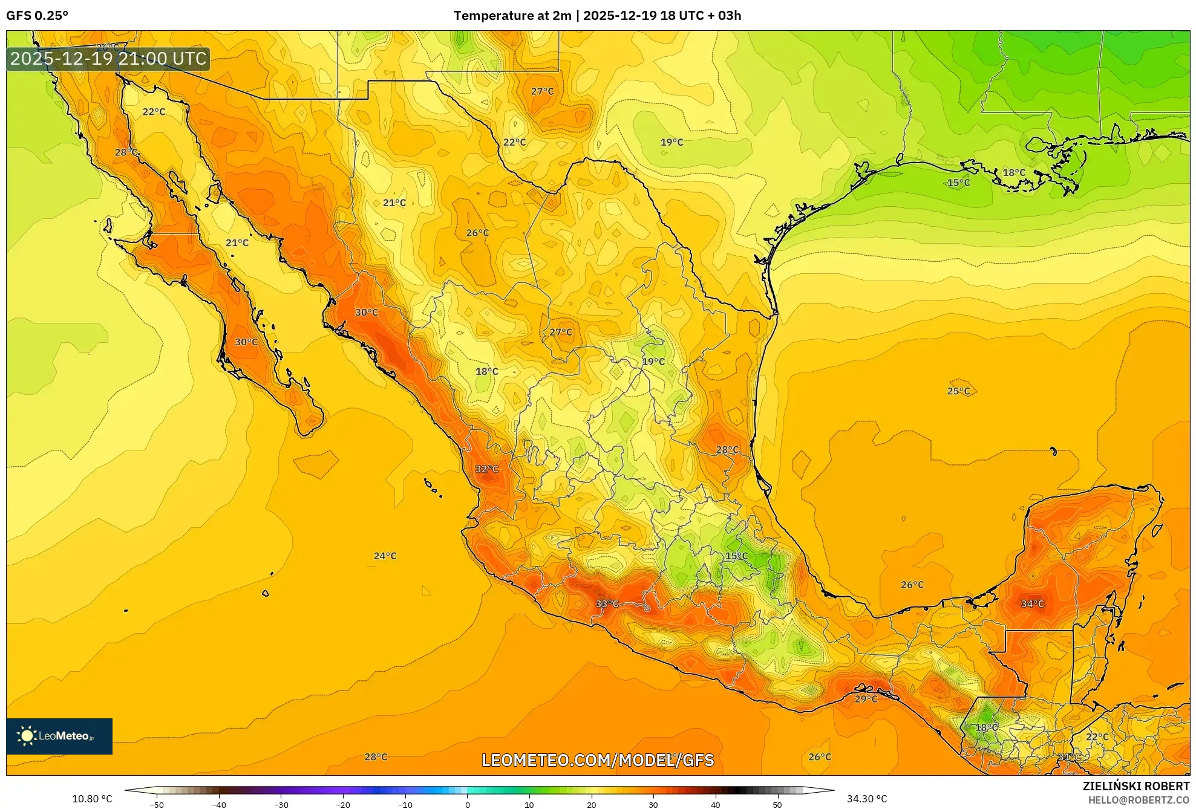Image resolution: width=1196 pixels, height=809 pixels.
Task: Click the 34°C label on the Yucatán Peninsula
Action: pos(1032,603)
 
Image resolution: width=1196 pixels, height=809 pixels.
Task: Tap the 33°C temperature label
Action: pos(607,603)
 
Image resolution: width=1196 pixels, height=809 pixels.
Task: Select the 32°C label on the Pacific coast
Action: pos(486,469)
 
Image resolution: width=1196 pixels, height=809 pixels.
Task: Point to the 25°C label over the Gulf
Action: pos(958,391)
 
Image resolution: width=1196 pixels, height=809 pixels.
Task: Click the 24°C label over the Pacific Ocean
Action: pos(385,556)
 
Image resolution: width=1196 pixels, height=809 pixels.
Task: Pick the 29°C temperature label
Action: pos(866,699)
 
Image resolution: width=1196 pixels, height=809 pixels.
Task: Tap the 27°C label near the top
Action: pos(542,91)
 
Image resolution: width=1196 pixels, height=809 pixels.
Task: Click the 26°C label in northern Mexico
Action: pos(477,233)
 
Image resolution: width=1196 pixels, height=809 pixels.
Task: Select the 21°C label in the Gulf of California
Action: pos(237,243)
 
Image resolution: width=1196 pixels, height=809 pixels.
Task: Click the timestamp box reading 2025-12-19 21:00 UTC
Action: pos(108,59)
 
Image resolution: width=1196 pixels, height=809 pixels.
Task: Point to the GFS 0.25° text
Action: pos(37,16)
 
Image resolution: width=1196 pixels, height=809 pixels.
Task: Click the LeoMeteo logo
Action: pos(59,736)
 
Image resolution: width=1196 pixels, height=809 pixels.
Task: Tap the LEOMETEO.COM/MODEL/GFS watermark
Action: pos(598,760)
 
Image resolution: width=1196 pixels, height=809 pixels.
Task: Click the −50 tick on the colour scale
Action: pos(157,805)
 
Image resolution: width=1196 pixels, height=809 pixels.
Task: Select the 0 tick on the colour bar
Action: pos(467,805)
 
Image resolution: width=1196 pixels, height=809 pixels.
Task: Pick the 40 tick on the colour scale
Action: pos(715,805)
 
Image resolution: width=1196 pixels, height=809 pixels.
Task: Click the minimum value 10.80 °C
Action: pos(92,799)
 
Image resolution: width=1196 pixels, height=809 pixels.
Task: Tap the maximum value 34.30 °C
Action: pos(866,799)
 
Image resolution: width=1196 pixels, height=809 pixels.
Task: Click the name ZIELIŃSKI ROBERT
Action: pos(1136,786)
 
